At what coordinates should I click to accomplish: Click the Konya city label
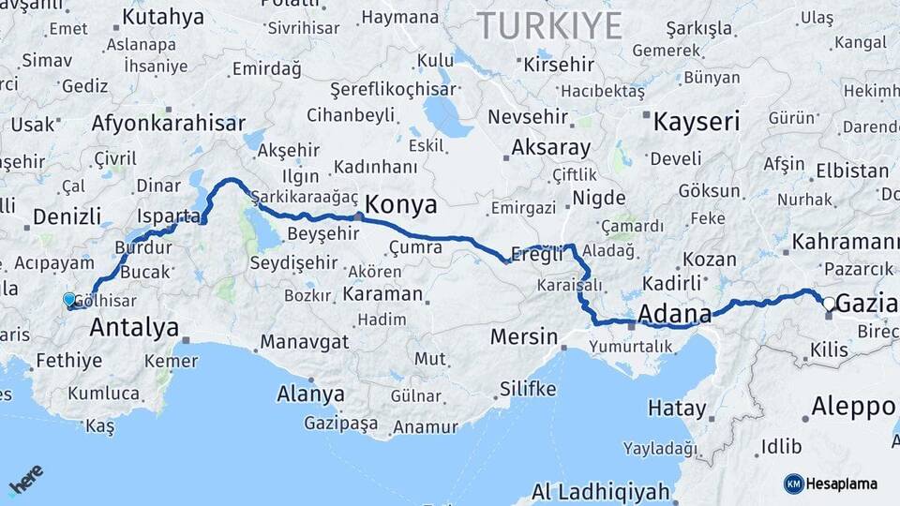(401, 203)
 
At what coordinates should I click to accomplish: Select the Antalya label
(134, 328)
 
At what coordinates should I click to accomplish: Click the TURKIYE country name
(550, 26)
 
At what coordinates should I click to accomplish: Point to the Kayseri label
(697, 121)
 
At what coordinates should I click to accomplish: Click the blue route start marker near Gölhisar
(69, 300)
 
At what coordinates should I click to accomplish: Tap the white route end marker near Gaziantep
(828, 304)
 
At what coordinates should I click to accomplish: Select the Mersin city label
(524, 336)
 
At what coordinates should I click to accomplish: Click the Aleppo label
(853, 407)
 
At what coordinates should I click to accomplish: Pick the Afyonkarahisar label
(169, 123)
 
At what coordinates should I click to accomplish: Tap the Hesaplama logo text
(842, 484)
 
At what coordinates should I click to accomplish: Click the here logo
(26, 479)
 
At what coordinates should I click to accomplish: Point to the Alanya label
(310, 394)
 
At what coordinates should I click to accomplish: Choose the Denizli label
(67, 216)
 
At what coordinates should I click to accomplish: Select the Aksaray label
(551, 148)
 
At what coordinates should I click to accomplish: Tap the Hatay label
(677, 409)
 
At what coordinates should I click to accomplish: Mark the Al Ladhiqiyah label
(600, 491)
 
